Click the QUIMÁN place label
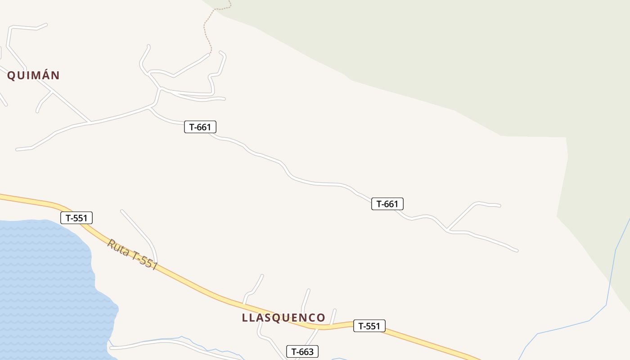pos(33,75)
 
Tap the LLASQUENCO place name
pos(283,318)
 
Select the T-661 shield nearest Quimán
pos(200,127)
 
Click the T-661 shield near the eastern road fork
pos(387,204)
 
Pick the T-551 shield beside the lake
pos(76,218)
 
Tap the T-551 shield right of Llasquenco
pos(369,326)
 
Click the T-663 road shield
pos(302,351)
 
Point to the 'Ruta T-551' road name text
pos(132,255)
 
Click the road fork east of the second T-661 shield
pos(447,231)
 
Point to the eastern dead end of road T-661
pos(517,250)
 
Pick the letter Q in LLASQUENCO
pos(279,318)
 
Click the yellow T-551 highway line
pos(202,288)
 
